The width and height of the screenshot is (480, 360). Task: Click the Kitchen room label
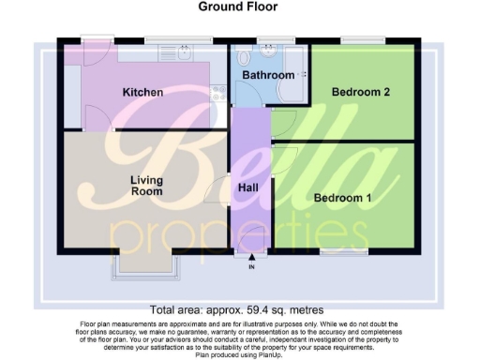pos(143,92)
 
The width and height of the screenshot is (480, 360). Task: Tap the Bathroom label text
pos(269,74)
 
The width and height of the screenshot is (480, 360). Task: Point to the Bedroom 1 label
pos(342,198)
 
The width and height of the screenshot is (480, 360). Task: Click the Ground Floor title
pos(238,7)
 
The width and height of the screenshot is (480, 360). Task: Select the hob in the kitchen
pos(217,92)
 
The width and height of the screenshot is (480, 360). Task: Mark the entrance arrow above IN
pos(251,257)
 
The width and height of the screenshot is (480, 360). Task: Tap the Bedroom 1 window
pos(343,251)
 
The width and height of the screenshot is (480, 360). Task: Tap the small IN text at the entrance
pos(251,267)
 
